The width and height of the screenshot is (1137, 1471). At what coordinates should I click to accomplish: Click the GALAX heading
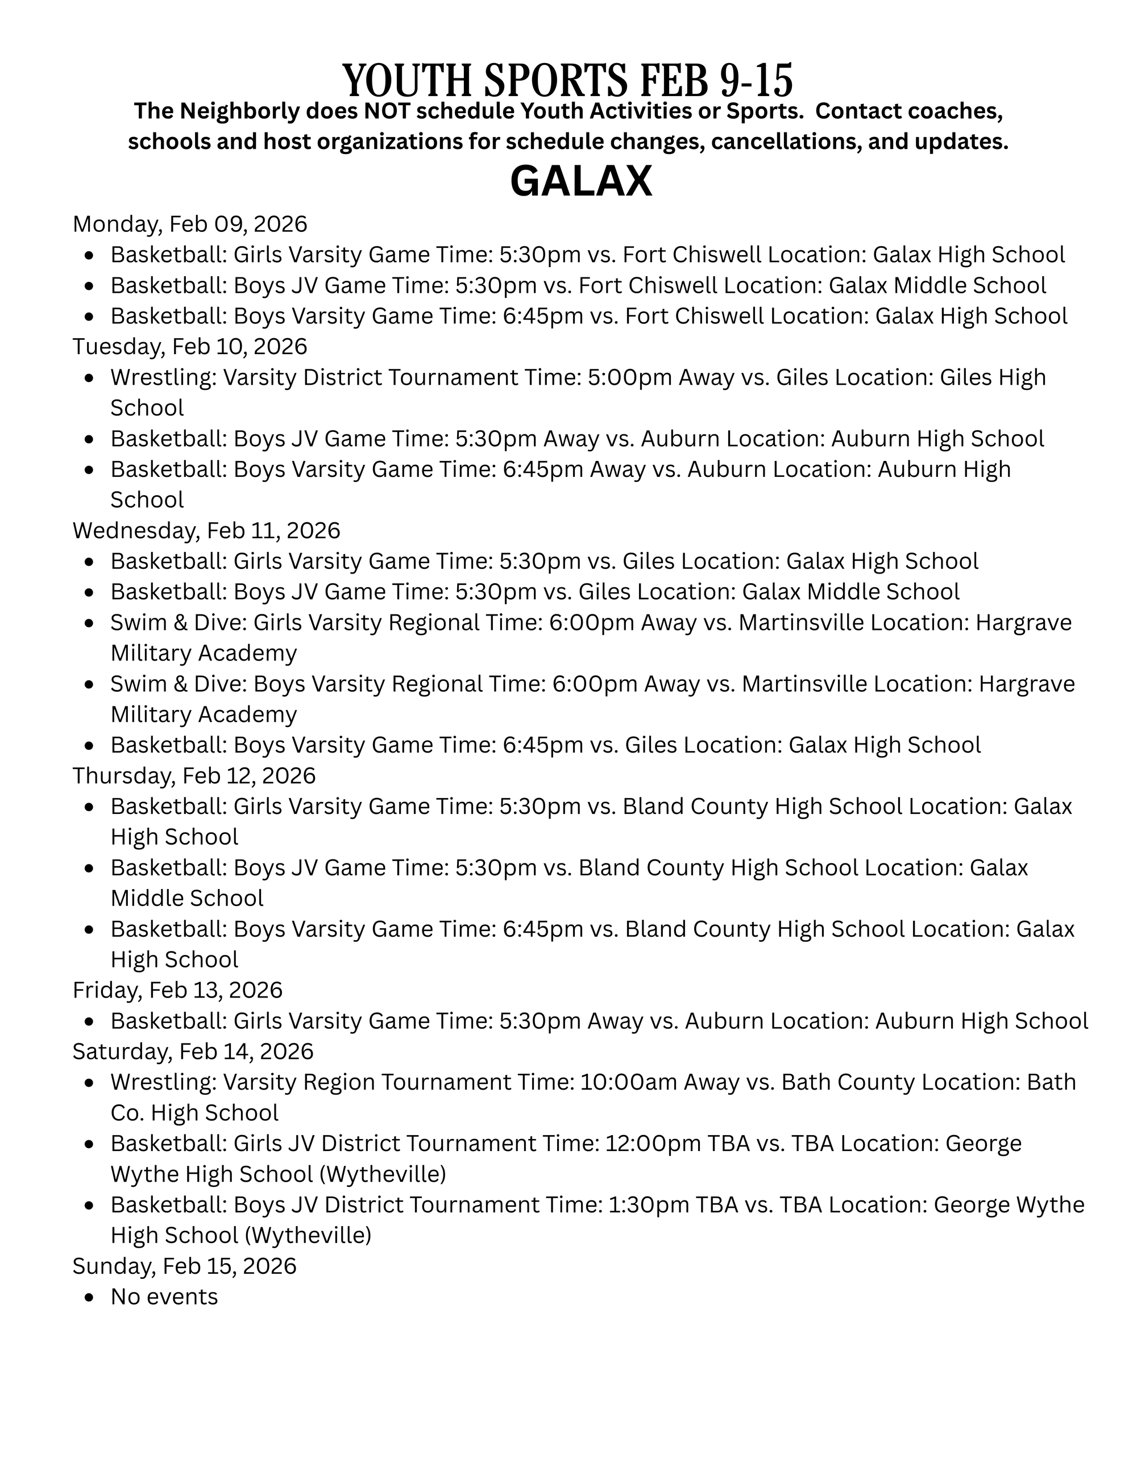[x=580, y=182]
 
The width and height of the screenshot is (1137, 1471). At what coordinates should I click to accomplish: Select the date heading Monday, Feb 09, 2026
[x=189, y=223]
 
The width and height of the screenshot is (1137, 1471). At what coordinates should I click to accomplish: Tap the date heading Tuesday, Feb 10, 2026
[x=189, y=346]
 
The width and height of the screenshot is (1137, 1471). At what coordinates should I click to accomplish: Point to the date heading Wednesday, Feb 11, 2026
[x=206, y=530]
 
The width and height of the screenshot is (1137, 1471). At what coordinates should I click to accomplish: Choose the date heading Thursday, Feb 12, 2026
[x=194, y=775]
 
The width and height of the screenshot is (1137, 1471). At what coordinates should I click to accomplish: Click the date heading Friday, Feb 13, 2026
[x=177, y=990]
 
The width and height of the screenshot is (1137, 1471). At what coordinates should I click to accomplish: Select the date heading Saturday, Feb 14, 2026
[x=193, y=1051]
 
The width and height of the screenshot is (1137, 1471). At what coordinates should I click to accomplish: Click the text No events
[x=164, y=1297]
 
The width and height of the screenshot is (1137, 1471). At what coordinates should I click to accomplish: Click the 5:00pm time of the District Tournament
[x=630, y=377]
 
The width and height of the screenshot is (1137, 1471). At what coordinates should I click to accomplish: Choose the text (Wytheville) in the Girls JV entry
[x=382, y=1174]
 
